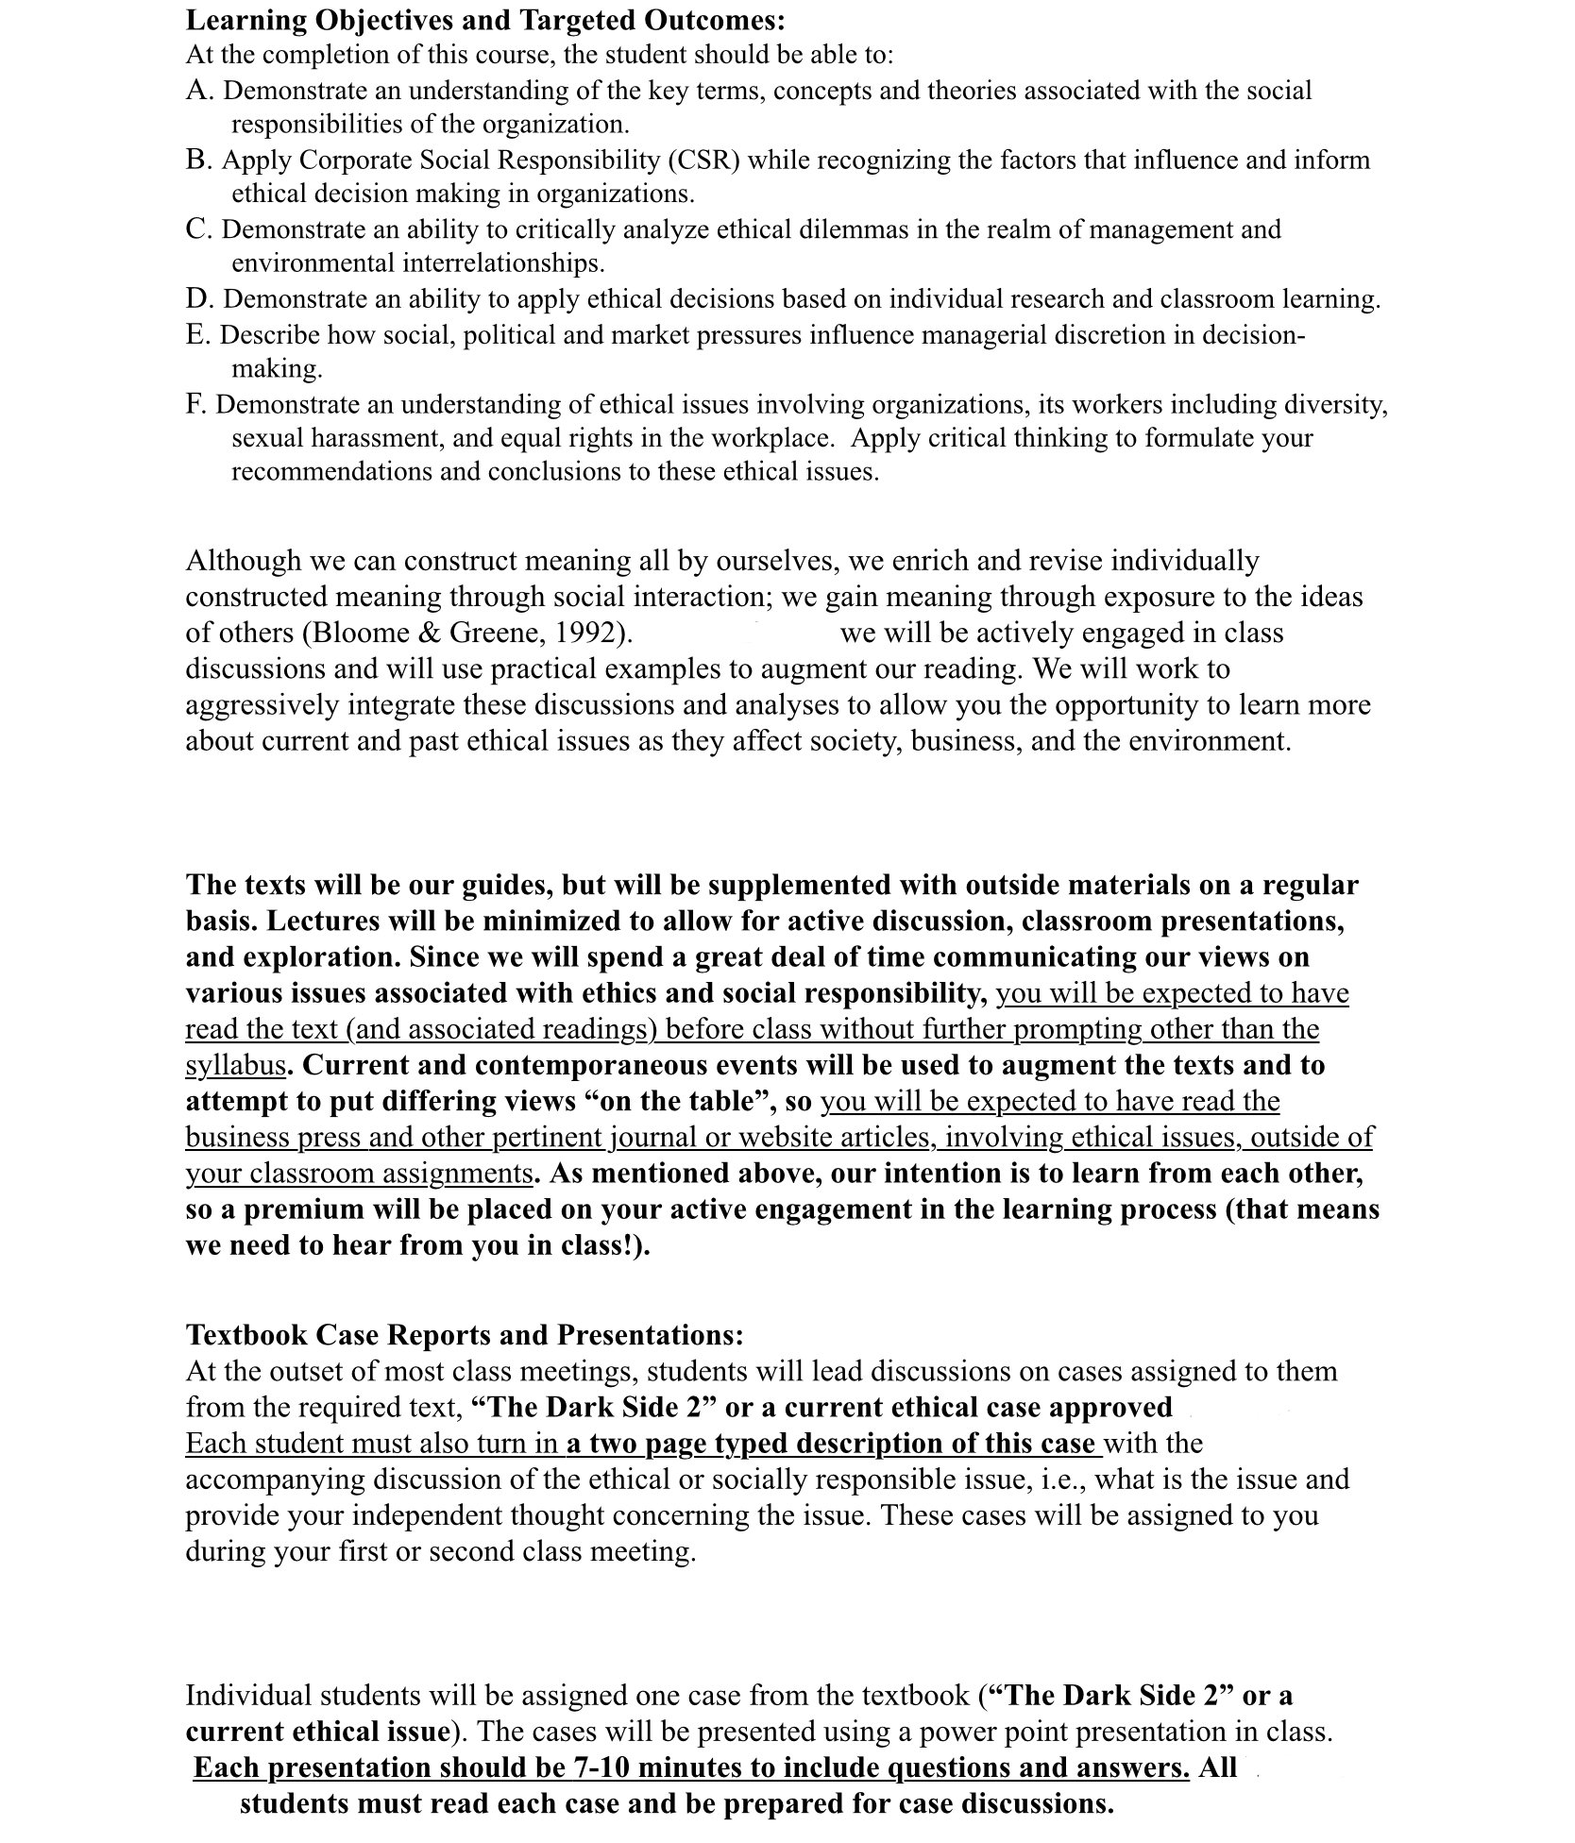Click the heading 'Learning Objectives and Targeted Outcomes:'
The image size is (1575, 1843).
click(x=485, y=20)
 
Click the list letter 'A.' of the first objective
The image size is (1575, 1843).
click(x=200, y=91)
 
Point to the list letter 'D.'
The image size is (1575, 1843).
click(x=200, y=299)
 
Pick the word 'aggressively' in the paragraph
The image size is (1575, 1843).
click(x=262, y=705)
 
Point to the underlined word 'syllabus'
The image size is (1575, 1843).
click(x=235, y=1065)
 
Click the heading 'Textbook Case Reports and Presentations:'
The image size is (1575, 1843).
click(x=465, y=1335)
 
